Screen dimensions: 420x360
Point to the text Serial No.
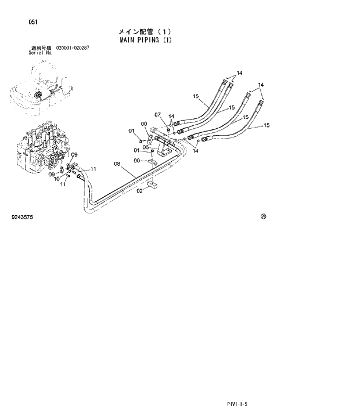[41, 52]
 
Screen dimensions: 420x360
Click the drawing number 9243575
[22, 217]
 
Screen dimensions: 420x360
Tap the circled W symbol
[263, 216]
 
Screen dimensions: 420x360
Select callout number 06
[146, 147]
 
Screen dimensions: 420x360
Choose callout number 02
[139, 190]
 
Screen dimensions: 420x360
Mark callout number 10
[57, 179]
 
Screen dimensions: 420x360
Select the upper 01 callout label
[131, 131]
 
